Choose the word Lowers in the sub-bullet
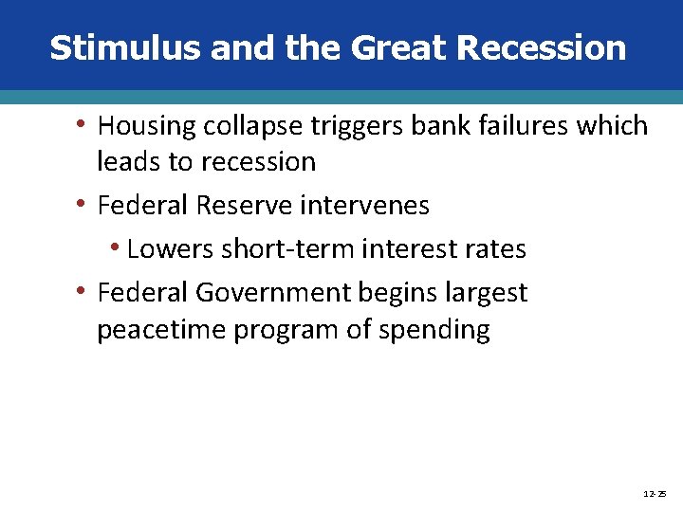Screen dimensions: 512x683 [x=170, y=249]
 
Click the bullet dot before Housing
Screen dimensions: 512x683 [x=83, y=125]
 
